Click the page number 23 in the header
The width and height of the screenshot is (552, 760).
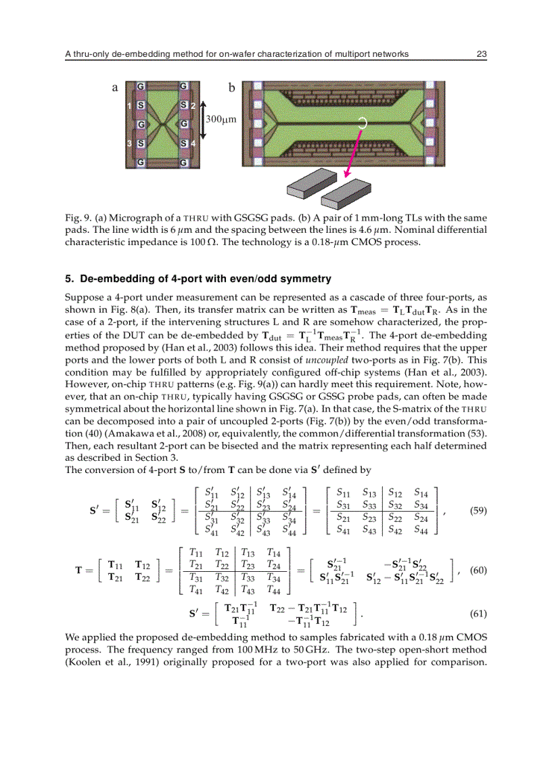482,54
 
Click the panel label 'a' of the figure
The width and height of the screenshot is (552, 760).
115,88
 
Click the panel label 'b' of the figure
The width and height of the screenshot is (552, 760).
231,88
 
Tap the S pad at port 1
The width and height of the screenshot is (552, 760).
140,106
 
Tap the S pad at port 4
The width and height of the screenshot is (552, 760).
183,143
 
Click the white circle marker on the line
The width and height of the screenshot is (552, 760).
363,123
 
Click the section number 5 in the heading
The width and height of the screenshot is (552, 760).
68,279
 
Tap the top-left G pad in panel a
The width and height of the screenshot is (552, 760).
141,87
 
